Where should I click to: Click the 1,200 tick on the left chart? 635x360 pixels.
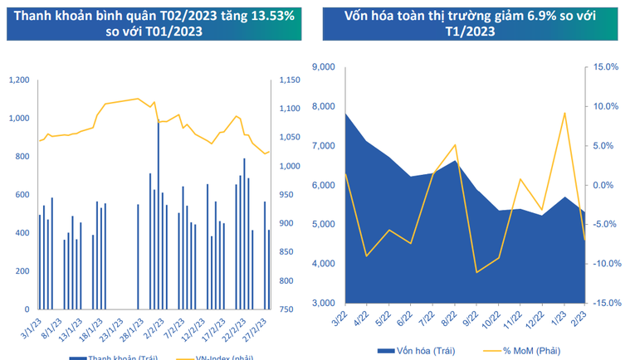(x=18, y=80)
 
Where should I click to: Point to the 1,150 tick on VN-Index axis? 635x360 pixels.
(x=289, y=80)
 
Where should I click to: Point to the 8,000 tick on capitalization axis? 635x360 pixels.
(x=322, y=106)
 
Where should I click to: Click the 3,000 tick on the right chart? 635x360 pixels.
(x=322, y=303)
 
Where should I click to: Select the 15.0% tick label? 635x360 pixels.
(x=607, y=67)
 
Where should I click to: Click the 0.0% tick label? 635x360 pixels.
(x=607, y=185)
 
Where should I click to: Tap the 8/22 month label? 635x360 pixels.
(x=450, y=318)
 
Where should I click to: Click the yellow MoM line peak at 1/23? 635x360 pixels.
(x=564, y=113)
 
